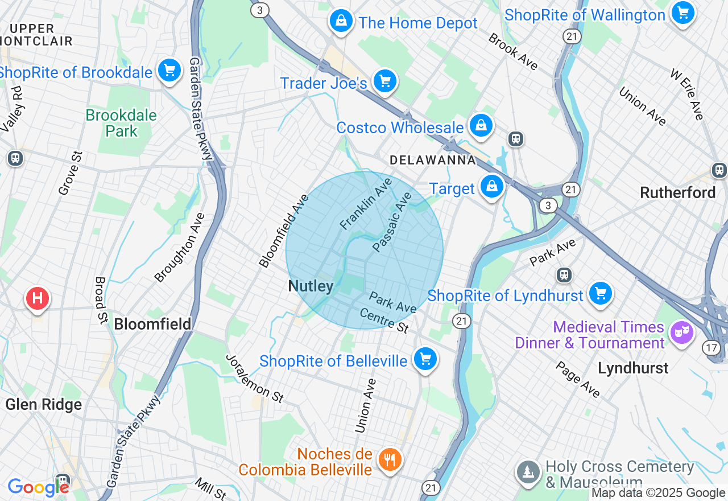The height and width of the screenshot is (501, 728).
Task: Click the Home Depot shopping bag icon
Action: click(341, 22)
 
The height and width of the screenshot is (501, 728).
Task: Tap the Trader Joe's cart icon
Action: click(385, 82)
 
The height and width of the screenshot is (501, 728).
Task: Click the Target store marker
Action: click(491, 187)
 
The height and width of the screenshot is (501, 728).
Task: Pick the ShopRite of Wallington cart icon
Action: click(683, 13)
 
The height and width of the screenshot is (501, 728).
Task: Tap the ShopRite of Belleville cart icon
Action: click(425, 359)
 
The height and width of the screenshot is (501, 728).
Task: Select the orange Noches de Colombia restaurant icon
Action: click(390, 459)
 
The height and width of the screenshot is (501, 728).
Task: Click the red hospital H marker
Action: click(38, 298)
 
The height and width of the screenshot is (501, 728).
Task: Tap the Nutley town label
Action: click(311, 286)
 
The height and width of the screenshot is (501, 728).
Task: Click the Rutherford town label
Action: click(677, 192)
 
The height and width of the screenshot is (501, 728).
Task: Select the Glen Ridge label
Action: click(44, 404)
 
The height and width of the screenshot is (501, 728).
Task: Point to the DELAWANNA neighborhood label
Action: click(433, 161)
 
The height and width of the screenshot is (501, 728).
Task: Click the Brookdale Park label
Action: click(121, 123)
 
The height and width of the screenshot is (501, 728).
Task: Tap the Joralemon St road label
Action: click(255, 379)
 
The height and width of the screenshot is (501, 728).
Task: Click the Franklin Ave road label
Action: click(366, 204)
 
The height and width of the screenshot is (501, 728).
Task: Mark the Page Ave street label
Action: click(578, 380)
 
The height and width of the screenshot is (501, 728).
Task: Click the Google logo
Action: click(38, 487)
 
